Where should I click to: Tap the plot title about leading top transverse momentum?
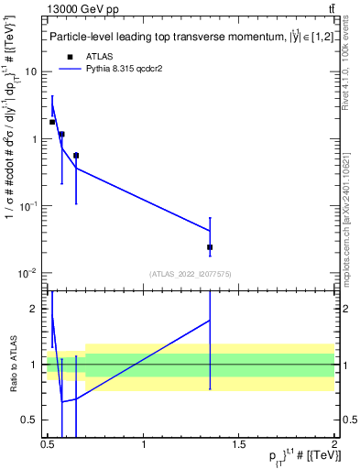click(183, 37)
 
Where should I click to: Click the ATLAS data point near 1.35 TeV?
click(210, 247)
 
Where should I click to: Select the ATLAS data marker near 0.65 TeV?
click(76, 156)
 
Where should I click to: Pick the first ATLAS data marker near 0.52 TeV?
click(52, 122)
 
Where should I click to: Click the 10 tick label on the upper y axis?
click(31, 71)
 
